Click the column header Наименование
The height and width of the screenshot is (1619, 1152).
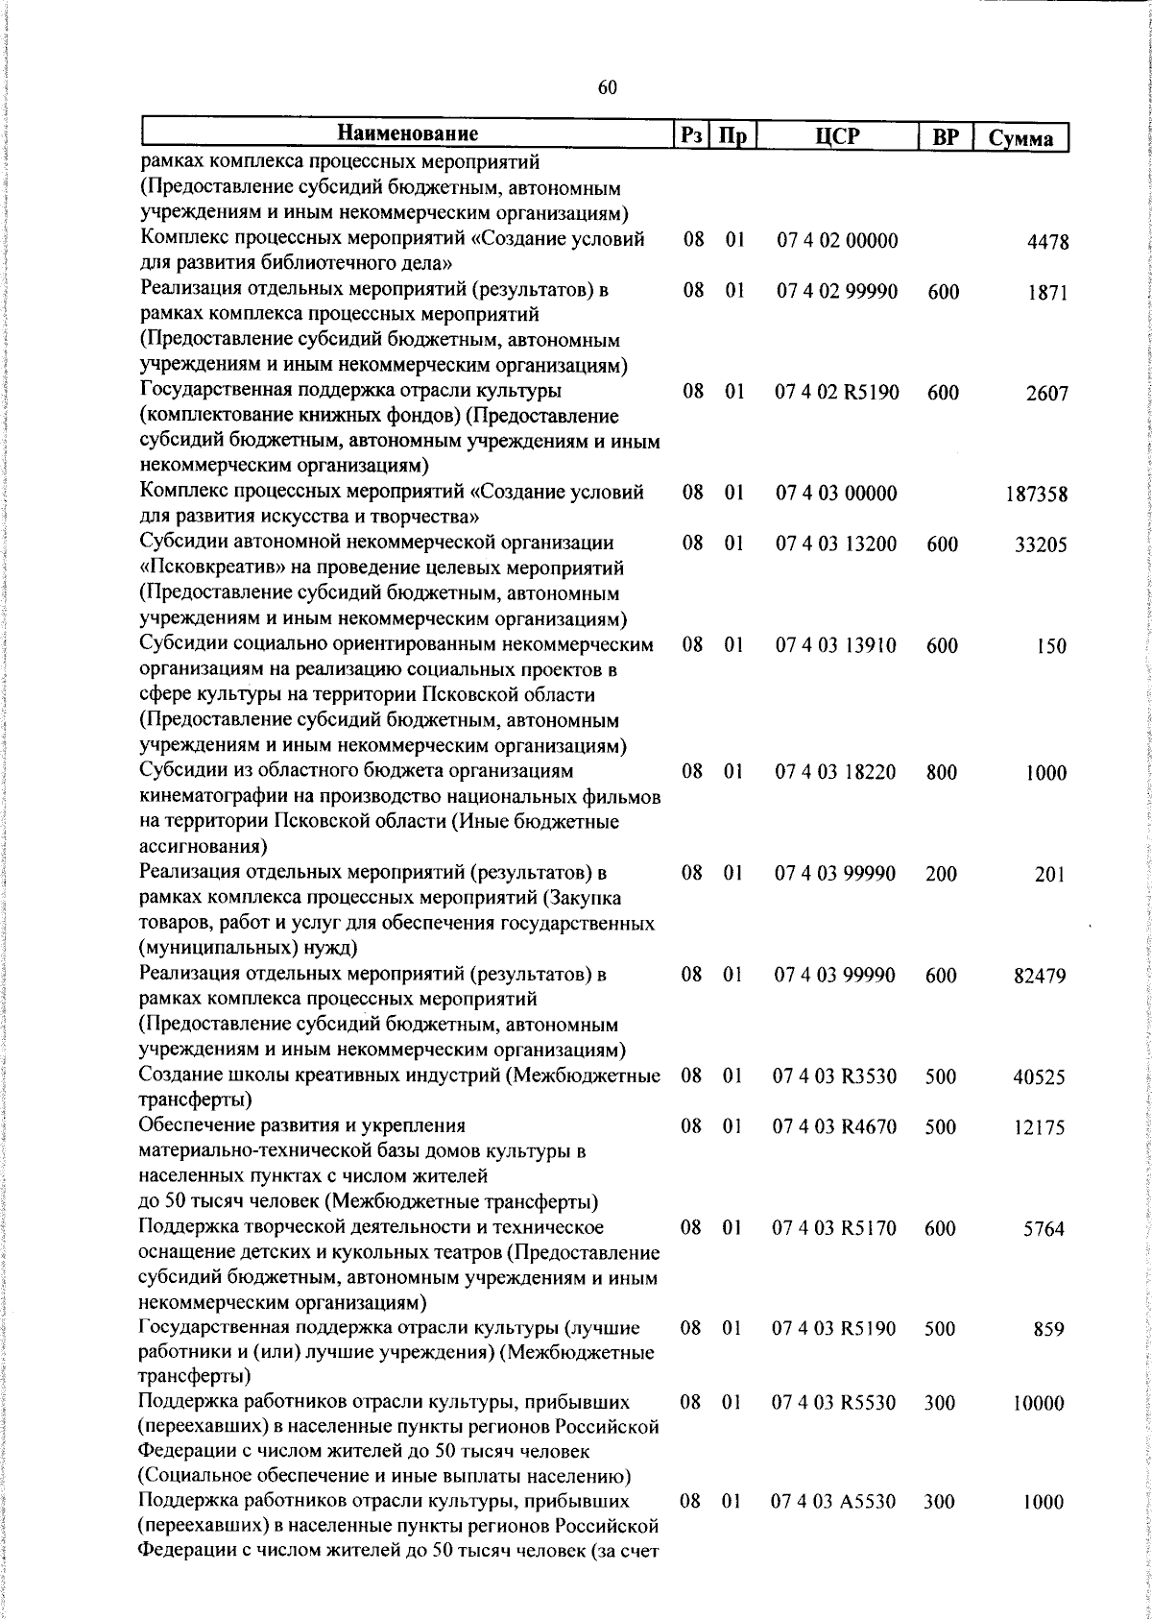click(407, 133)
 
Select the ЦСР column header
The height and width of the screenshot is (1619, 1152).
click(836, 135)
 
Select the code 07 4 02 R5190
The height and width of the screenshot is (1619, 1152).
click(837, 393)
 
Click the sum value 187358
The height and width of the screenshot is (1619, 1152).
click(1037, 495)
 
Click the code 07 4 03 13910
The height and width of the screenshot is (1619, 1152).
click(836, 646)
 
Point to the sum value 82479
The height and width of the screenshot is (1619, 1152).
click(1040, 977)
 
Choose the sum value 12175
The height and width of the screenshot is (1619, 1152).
click(1040, 1128)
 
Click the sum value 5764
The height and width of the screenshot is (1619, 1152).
click(1044, 1229)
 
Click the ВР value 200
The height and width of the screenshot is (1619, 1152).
click(942, 874)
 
